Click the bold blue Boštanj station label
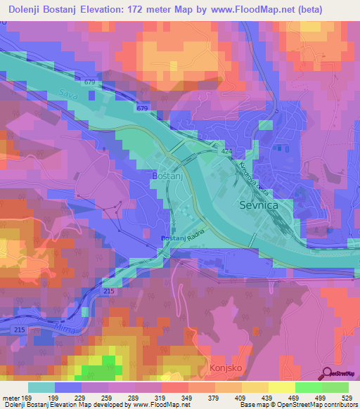[x=172, y=240]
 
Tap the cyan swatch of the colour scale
[x=41, y=387]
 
